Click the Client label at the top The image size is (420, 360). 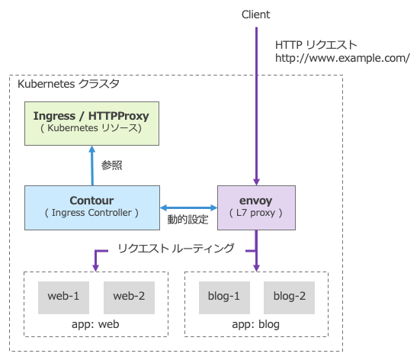[x=255, y=14]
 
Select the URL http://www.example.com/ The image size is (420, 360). [x=342, y=58]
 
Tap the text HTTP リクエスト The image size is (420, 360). [x=316, y=44]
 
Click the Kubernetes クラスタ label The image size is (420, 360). [x=67, y=83]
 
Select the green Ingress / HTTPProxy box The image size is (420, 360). [x=91, y=122]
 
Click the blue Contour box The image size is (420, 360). [x=91, y=207]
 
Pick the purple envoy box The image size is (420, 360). [x=256, y=207]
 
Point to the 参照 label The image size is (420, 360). [x=112, y=165]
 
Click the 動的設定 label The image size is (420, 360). [x=188, y=220]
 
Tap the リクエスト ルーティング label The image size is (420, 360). [x=175, y=249]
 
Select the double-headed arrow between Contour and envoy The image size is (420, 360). [x=188, y=207]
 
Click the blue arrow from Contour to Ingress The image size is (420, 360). [x=91, y=165]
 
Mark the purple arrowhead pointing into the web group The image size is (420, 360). [x=96, y=265]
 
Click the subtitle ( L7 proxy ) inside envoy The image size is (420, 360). [x=256, y=214]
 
